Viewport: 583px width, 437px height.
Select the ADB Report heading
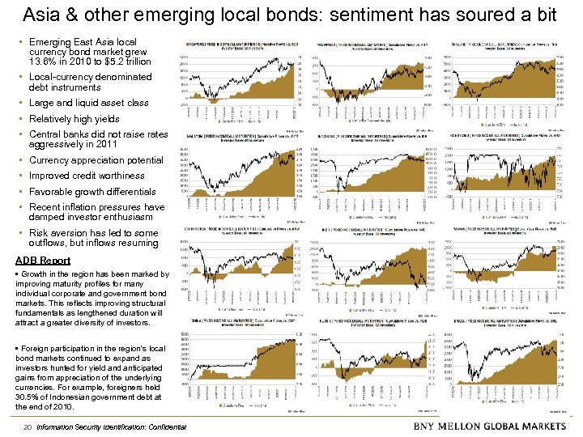point(43,261)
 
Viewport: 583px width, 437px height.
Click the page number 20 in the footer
point(28,426)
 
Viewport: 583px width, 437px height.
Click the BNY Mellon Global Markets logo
point(490,426)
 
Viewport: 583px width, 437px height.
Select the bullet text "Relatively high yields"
point(74,119)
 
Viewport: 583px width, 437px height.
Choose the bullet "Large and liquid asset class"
point(88,103)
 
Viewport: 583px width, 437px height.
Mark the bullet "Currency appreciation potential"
point(96,160)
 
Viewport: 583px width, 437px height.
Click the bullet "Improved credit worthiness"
point(87,176)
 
